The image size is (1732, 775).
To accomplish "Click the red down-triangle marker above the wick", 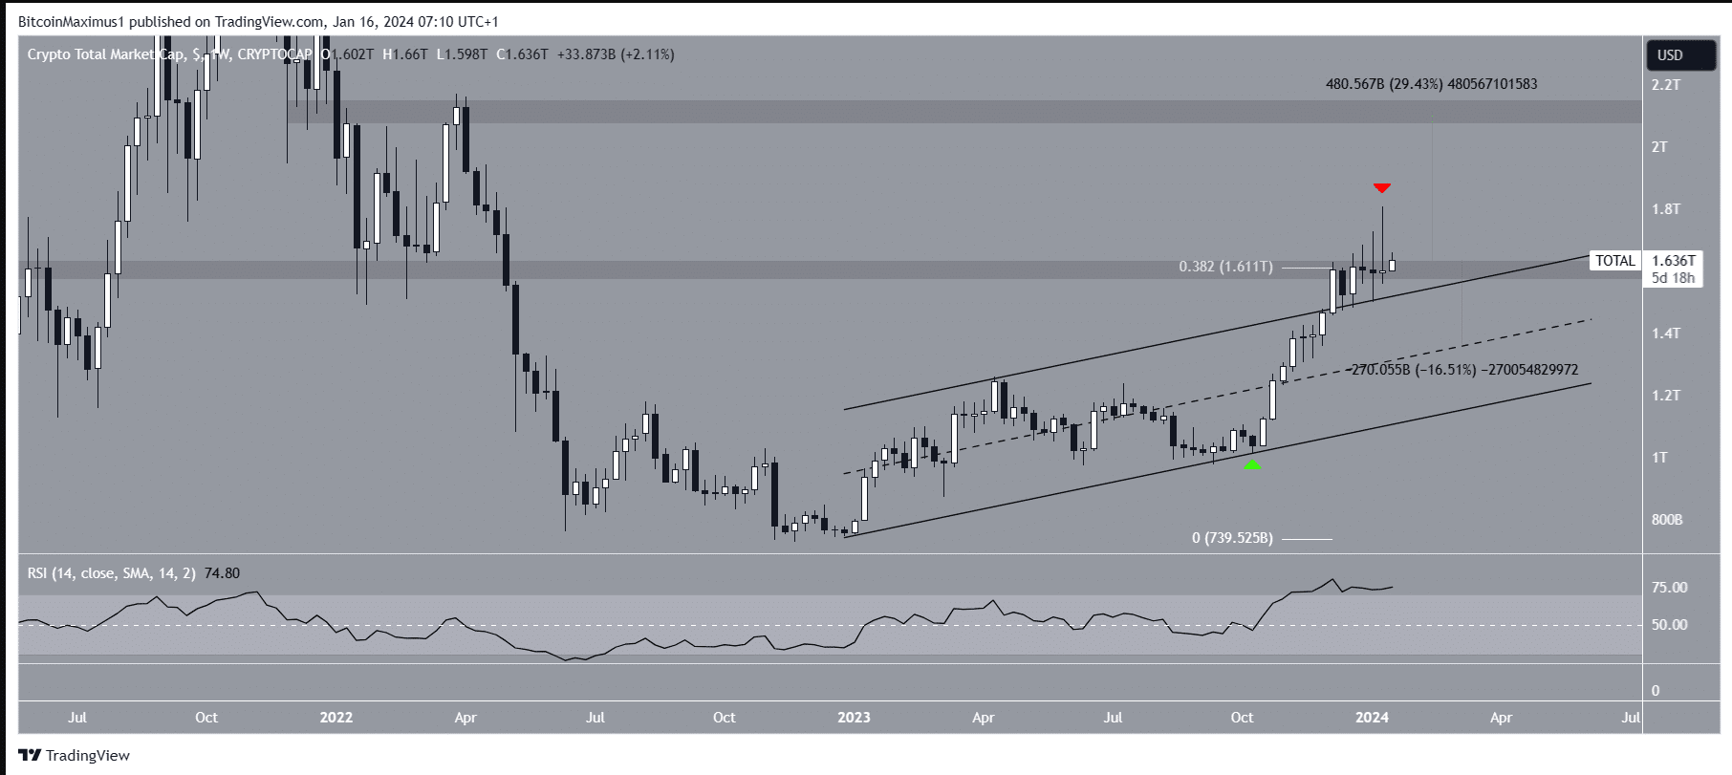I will point(1381,188).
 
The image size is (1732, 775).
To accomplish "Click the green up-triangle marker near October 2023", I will point(1252,464).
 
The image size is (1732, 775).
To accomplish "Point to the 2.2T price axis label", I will point(1666,85).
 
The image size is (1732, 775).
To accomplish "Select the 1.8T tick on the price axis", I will point(1666,209).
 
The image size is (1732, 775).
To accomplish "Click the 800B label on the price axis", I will point(1666,520).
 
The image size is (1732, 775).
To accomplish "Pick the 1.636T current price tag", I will point(1673,261).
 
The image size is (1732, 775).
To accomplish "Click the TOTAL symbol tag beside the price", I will point(1615,261).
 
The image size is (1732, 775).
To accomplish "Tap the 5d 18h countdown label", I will point(1673,278).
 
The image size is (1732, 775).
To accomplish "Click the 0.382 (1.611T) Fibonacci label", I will point(1225,268).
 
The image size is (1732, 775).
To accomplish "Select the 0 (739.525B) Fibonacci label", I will point(1232,538).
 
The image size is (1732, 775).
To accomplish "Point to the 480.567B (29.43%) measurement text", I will point(1431,84).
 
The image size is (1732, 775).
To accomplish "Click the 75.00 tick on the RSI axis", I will point(1670,588).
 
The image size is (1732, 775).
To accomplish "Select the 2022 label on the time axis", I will point(336,718).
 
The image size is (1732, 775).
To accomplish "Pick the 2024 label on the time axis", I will point(1372,718).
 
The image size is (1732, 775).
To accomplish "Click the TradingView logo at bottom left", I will point(75,755).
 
